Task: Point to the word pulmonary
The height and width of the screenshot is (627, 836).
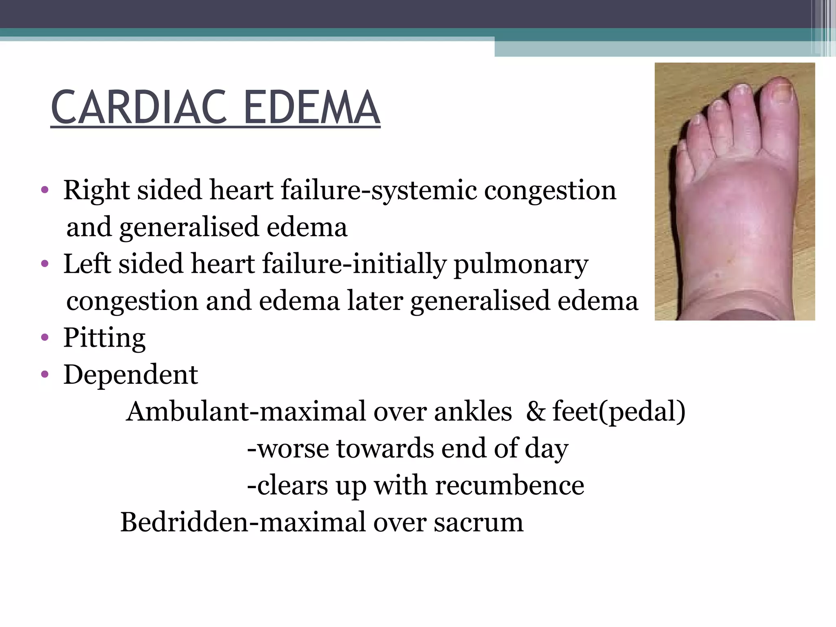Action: [521, 265]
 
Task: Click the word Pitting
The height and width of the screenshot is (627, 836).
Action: [104, 338]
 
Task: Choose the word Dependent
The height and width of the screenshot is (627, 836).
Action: [131, 375]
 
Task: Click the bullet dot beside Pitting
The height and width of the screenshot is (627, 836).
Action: [45, 338]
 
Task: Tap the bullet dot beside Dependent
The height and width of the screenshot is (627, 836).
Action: [45, 375]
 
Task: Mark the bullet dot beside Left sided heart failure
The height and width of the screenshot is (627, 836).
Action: [45, 264]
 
